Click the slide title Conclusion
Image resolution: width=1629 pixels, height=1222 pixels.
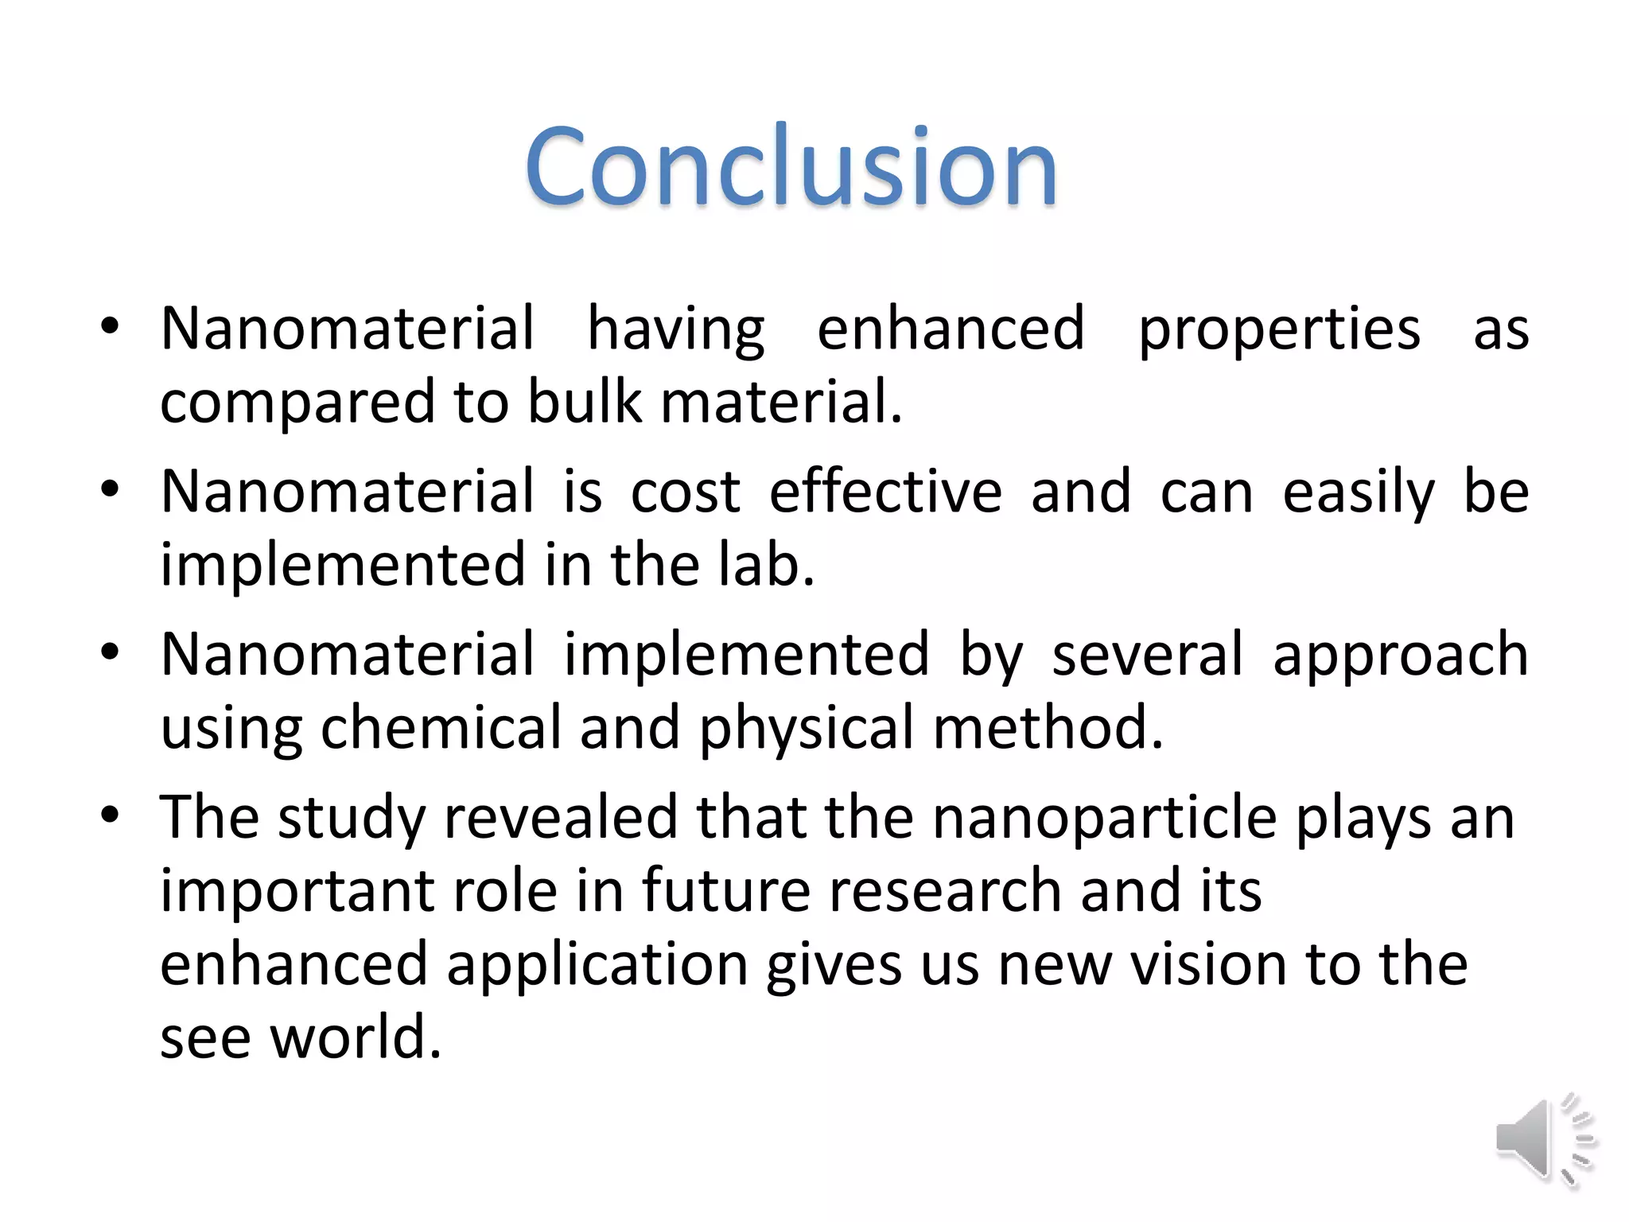coord(791,167)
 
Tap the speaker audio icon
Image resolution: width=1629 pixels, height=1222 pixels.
coord(1545,1139)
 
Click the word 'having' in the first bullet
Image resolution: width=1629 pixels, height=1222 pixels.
coord(676,329)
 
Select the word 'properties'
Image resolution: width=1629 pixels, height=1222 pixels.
coord(1279,329)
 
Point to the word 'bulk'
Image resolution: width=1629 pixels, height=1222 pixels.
coord(584,403)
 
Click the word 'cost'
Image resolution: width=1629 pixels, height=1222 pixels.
coord(686,492)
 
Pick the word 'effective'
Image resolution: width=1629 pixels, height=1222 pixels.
coord(885,492)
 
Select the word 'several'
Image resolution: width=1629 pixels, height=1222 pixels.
coord(1147,655)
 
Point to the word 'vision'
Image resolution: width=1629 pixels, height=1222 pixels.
coord(1209,964)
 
